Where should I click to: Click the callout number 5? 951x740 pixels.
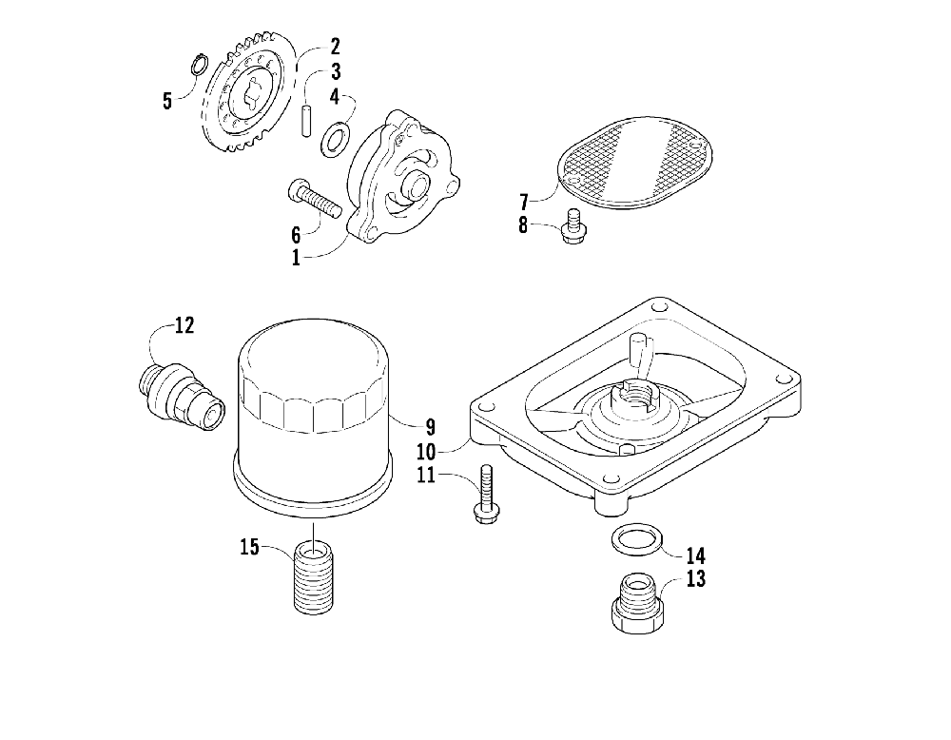click(x=167, y=101)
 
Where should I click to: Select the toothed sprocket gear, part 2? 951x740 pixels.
click(x=244, y=95)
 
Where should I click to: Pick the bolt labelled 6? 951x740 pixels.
click(x=315, y=200)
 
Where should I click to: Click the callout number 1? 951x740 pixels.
click(x=296, y=257)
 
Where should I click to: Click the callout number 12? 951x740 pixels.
click(x=184, y=326)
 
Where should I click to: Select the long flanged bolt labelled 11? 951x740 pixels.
click(x=484, y=495)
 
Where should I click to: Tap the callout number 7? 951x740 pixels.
click(x=523, y=202)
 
